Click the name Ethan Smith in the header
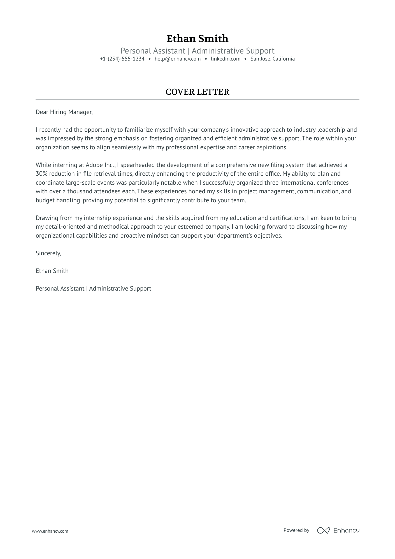tap(197, 38)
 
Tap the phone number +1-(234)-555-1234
tap(122, 59)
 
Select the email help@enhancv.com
tap(178, 59)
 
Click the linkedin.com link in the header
tap(226, 59)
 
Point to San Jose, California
tap(272, 59)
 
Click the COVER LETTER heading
tap(197, 92)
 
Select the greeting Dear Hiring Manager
tap(64, 112)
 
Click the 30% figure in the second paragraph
tap(41, 174)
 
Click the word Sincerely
tap(48, 253)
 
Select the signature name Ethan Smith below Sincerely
tap(52, 271)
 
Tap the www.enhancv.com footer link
tap(50, 531)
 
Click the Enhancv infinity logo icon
tap(323, 530)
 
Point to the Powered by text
tap(296, 530)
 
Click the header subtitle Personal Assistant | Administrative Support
tap(197, 51)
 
